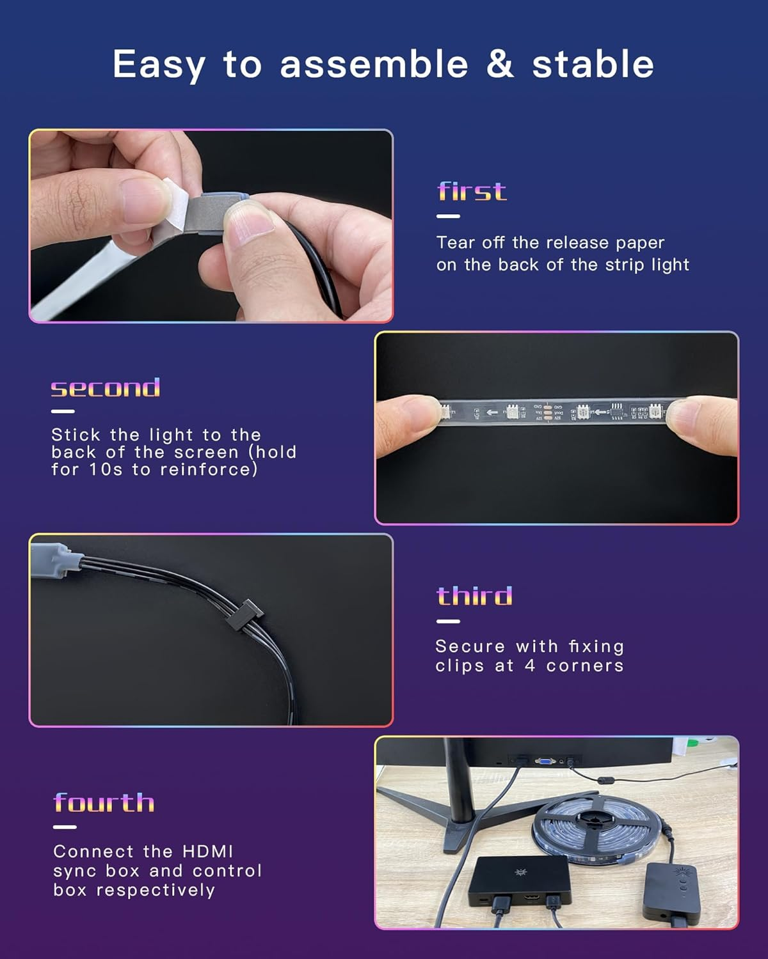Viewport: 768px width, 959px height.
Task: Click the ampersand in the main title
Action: coord(500,64)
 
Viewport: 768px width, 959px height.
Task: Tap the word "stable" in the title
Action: coord(593,64)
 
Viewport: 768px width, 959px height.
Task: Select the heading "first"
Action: coord(472,191)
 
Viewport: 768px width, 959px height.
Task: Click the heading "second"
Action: coord(106,387)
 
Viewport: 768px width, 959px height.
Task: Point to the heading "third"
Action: coord(474,596)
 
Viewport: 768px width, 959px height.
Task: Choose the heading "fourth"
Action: coord(104,802)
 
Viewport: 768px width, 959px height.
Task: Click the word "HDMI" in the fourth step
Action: coord(207,852)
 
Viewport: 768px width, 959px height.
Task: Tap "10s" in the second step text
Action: coord(106,469)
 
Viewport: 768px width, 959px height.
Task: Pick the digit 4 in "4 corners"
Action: coord(530,666)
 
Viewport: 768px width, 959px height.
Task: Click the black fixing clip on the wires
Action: coord(244,614)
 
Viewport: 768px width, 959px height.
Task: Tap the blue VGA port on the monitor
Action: coord(545,761)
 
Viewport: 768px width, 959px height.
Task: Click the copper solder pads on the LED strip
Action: coord(548,412)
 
